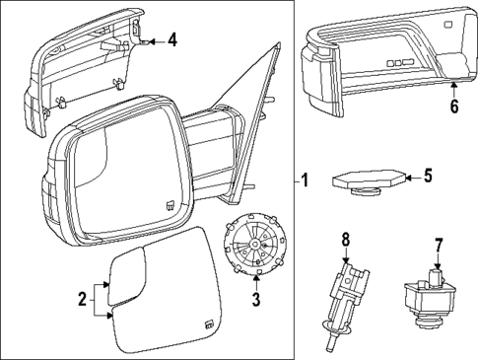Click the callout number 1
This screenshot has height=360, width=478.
[305, 180]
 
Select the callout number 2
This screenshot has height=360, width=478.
[84, 300]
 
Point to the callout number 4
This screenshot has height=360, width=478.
[171, 40]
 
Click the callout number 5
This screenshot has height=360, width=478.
[428, 178]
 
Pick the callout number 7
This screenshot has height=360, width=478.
[438, 243]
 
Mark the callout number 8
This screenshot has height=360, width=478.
[345, 239]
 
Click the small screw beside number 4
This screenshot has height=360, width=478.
[147, 41]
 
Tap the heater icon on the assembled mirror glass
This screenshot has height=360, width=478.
[171, 207]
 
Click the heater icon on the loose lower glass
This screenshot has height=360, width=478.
[209, 324]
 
